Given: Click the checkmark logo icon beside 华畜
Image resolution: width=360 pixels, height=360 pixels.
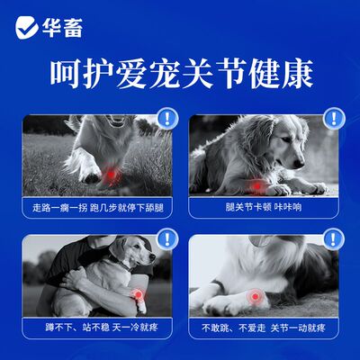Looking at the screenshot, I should (25, 28).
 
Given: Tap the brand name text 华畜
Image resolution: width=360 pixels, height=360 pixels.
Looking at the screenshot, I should (62, 28).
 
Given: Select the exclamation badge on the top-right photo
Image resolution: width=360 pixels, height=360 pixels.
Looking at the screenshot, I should (333, 117).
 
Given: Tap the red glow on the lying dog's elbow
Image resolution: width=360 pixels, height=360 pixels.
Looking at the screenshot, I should (257, 186).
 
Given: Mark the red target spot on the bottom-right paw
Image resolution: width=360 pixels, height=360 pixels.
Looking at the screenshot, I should (256, 297).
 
